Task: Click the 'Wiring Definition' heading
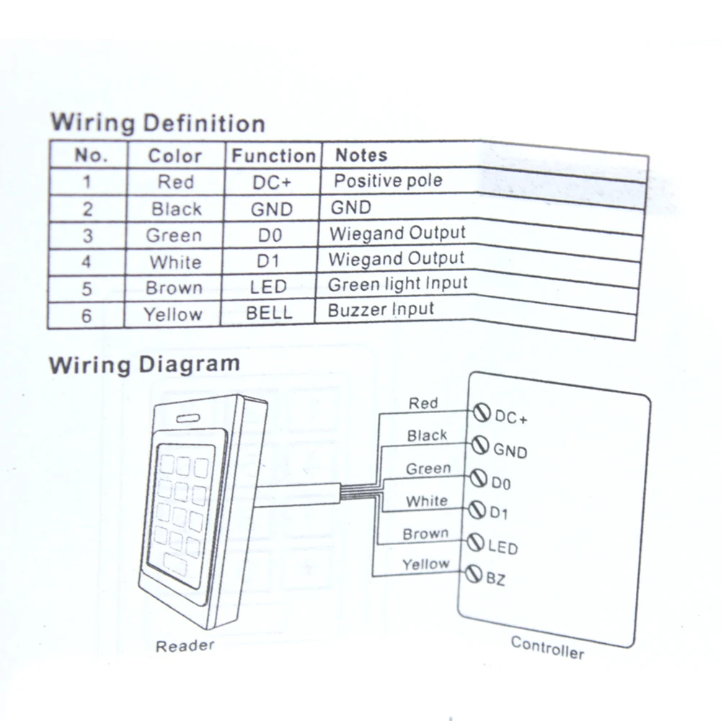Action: tap(158, 123)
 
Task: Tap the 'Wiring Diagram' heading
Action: tap(144, 365)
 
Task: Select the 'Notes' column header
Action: tap(361, 155)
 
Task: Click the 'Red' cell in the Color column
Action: tap(176, 182)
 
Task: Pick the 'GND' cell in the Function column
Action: tap(271, 209)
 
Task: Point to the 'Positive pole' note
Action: tap(388, 181)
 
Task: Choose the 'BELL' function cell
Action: tap(269, 313)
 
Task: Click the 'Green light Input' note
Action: tap(398, 284)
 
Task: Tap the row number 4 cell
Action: tap(86, 262)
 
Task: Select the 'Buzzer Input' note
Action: tap(381, 309)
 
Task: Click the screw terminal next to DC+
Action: tap(482, 413)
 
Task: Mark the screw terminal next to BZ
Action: tap(474, 574)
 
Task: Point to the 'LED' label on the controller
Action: tap(503, 547)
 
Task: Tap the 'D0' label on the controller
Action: tap(501, 483)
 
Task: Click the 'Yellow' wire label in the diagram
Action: tap(426, 564)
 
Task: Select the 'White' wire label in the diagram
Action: tap(427, 501)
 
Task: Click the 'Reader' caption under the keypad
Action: tap(185, 646)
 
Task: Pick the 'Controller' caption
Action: tap(547, 648)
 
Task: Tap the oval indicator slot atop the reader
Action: tap(188, 418)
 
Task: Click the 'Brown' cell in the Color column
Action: tap(174, 288)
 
